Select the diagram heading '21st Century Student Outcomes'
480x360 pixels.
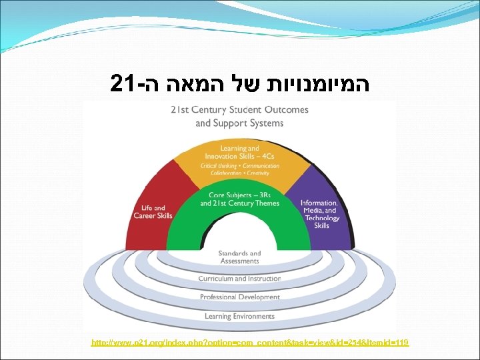239,110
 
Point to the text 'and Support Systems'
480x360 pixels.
239,123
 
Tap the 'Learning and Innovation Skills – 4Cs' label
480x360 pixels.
239,151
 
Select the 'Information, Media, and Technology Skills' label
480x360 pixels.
320,213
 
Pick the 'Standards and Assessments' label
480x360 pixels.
239,257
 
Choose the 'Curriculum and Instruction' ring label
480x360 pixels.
239,279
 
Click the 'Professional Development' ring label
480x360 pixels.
239,297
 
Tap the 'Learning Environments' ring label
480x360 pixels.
239,316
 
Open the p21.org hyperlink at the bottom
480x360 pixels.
250,343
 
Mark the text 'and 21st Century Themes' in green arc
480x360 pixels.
239,203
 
